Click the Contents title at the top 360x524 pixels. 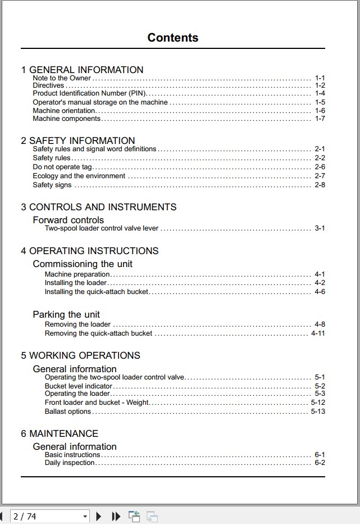click(172, 38)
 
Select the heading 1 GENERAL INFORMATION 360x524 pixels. click(82, 70)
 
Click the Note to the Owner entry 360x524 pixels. click(62, 78)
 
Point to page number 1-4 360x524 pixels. click(320, 93)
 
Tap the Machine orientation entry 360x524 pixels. click(64, 111)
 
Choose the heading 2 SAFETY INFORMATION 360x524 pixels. click(78, 141)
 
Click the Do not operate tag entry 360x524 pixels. click(62, 167)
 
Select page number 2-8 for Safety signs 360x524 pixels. click(320, 185)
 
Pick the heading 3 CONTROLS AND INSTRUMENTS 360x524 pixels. click(99, 207)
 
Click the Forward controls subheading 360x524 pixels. click(68, 220)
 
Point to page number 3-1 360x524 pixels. click(320, 228)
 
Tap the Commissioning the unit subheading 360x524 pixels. click(83, 264)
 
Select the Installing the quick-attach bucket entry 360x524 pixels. click(97, 292)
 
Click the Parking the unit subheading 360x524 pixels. click(66, 314)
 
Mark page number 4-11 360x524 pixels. click(318, 333)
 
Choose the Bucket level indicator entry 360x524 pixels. click(79, 386)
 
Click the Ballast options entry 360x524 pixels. click(67, 412)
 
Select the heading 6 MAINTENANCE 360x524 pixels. click(60, 433)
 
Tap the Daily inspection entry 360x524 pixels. click(70, 463)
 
